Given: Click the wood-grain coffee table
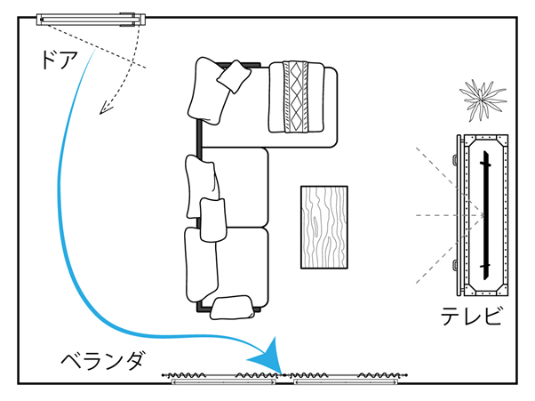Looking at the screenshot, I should point(323,227).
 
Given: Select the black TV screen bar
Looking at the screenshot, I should point(485,213).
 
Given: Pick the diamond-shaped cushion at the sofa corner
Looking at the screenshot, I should point(235,76).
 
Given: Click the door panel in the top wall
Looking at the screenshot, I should point(89,17).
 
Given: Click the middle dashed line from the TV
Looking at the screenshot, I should point(444,215).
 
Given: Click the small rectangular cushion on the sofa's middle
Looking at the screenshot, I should point(213,219).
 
